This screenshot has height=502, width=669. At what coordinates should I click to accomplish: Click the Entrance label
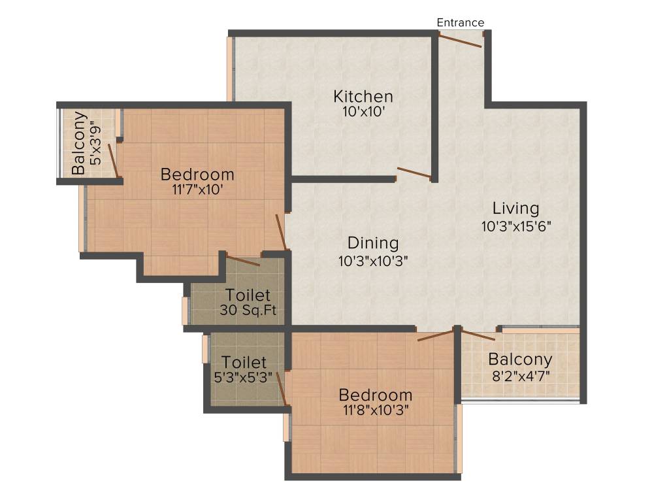[461, 22]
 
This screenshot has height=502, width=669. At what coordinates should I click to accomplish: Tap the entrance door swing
[461, 41]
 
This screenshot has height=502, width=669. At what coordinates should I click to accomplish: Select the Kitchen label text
[363, 97]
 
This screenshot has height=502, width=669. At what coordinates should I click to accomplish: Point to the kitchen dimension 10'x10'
[363, 112]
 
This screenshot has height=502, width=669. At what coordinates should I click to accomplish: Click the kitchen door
[414, 173]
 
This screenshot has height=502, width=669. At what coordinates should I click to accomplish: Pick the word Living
[516, 209]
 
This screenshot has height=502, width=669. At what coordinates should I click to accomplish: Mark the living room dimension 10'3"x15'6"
[516, 227]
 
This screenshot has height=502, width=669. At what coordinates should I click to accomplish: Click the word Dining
[373, 243]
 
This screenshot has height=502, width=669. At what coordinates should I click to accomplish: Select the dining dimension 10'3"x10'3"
[373, 260]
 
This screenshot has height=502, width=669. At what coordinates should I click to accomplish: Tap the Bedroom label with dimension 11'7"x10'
[197, 175]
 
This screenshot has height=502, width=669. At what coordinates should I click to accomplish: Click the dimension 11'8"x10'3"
[375, 412]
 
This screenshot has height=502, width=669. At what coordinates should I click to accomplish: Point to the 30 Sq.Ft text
[248, 310]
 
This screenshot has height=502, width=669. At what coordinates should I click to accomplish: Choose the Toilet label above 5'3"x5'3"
[244, 362]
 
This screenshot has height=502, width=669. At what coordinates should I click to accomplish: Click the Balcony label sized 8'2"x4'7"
[520, 360]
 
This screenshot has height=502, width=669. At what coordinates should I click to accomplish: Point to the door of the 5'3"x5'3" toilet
[282, 389]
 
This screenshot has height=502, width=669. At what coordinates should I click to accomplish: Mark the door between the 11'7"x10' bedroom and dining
[282, 232]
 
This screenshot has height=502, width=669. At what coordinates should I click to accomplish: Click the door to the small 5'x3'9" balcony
[113, 161]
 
